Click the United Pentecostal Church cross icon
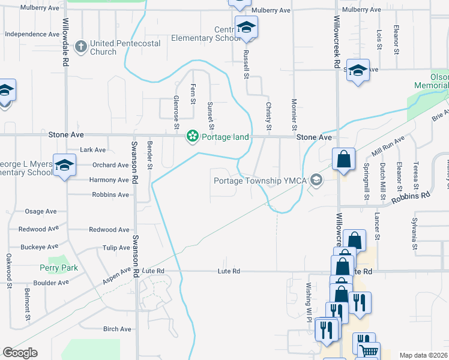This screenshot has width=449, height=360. pos(81,46)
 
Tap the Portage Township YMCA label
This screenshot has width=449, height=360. pos(259,181)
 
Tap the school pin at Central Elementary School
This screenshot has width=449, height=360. pos(246,28)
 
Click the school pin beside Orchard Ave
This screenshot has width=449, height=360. pos(64,166)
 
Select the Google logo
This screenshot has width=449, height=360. pos(20,353)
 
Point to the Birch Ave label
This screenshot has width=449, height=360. pos(117,329)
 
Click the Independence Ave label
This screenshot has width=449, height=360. pos(32,34)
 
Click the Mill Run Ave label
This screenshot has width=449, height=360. pos(388,146)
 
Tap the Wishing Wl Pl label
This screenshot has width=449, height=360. pos(309,299)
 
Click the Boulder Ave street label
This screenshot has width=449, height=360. pos(51,283)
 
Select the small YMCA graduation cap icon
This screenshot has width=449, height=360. pos(315,181)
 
